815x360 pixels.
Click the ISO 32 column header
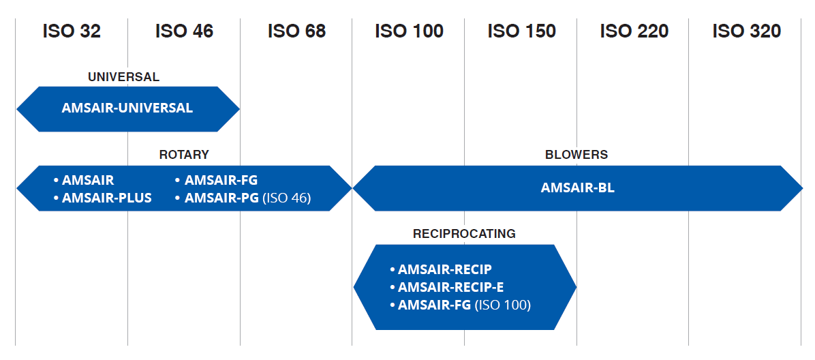[72, 31]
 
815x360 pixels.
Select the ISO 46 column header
[184, 31]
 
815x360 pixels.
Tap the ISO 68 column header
[297, 31]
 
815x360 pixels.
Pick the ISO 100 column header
[409, 31]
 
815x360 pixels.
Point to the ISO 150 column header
[521, 31]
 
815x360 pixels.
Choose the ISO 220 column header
[634, 31]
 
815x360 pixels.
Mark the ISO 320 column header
[746, 31]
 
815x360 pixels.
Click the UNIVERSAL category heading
[124, 78]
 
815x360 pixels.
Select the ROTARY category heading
[184, 155]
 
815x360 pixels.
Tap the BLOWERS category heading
[576, 155]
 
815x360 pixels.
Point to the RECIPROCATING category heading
[464, 234]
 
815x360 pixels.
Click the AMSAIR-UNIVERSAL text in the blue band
[127, 108]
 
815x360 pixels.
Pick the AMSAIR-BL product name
[577, 187]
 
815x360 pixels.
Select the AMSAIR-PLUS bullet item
[102, 198]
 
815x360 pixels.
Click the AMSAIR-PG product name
[221, 198]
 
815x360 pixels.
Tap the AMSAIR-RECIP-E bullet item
[446, 287]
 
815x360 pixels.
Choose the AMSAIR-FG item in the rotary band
[216, 180]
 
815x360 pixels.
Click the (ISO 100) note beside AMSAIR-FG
[503, 305]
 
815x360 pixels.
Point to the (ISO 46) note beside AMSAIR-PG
[286, 198]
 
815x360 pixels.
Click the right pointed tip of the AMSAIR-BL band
[803, 187]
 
